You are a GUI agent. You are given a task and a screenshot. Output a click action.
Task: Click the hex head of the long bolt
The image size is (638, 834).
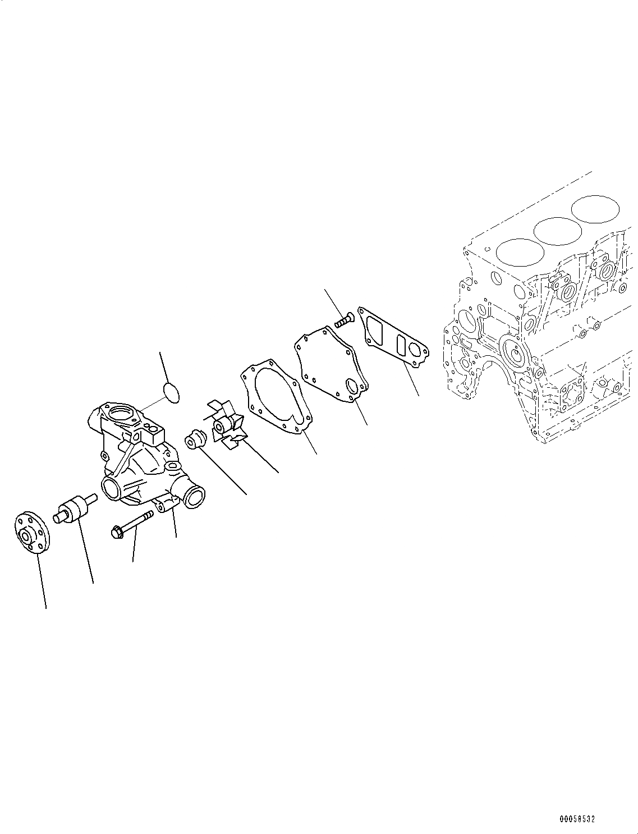[x=117, y=530]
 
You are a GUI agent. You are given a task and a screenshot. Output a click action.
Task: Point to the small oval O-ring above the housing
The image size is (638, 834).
[x=171, y=391]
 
